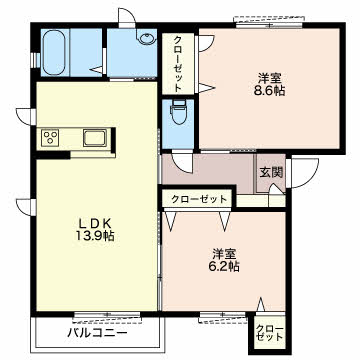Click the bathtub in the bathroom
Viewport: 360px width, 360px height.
[x=54, y=53]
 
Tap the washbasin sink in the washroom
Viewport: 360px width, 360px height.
[x=147, y=38]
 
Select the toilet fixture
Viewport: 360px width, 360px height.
[x=178, y=112]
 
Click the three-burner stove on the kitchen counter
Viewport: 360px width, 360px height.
[x=50, y=137]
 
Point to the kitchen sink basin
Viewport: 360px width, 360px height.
[x=95, y=138]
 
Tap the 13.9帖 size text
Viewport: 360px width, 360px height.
[x=95, y=236]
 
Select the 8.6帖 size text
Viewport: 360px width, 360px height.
[x=270, y=91]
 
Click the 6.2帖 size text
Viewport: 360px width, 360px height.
[x=225, y=266]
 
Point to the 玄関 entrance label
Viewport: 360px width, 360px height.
[x=271, y=172]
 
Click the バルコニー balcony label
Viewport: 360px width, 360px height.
[x=97, y=333]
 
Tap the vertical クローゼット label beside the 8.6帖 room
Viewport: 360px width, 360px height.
[x=178, y=63]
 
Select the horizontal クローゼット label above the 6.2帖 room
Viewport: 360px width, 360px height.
[x=199, y=200]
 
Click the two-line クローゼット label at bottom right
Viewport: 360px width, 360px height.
[x=269, y=333]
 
